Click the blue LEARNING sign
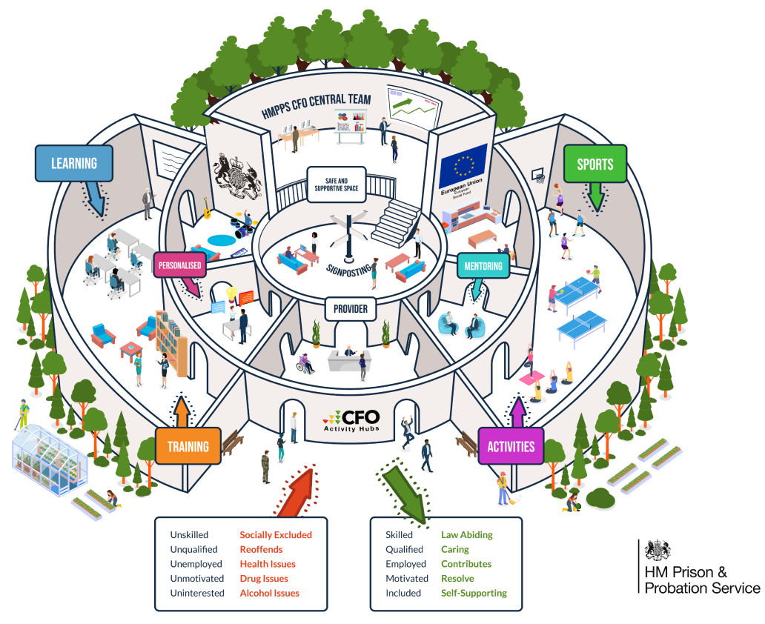[74, 163]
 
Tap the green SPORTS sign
[595, 164]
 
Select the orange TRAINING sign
[188, 446]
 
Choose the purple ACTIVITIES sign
[511, 446]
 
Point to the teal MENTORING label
[483, 266]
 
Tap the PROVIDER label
[350, 308]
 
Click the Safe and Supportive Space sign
[336, 184]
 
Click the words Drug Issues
[264, 579]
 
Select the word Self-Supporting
[474, 593]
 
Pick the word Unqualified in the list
[193, 550]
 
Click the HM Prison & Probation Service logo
[700, 566]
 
